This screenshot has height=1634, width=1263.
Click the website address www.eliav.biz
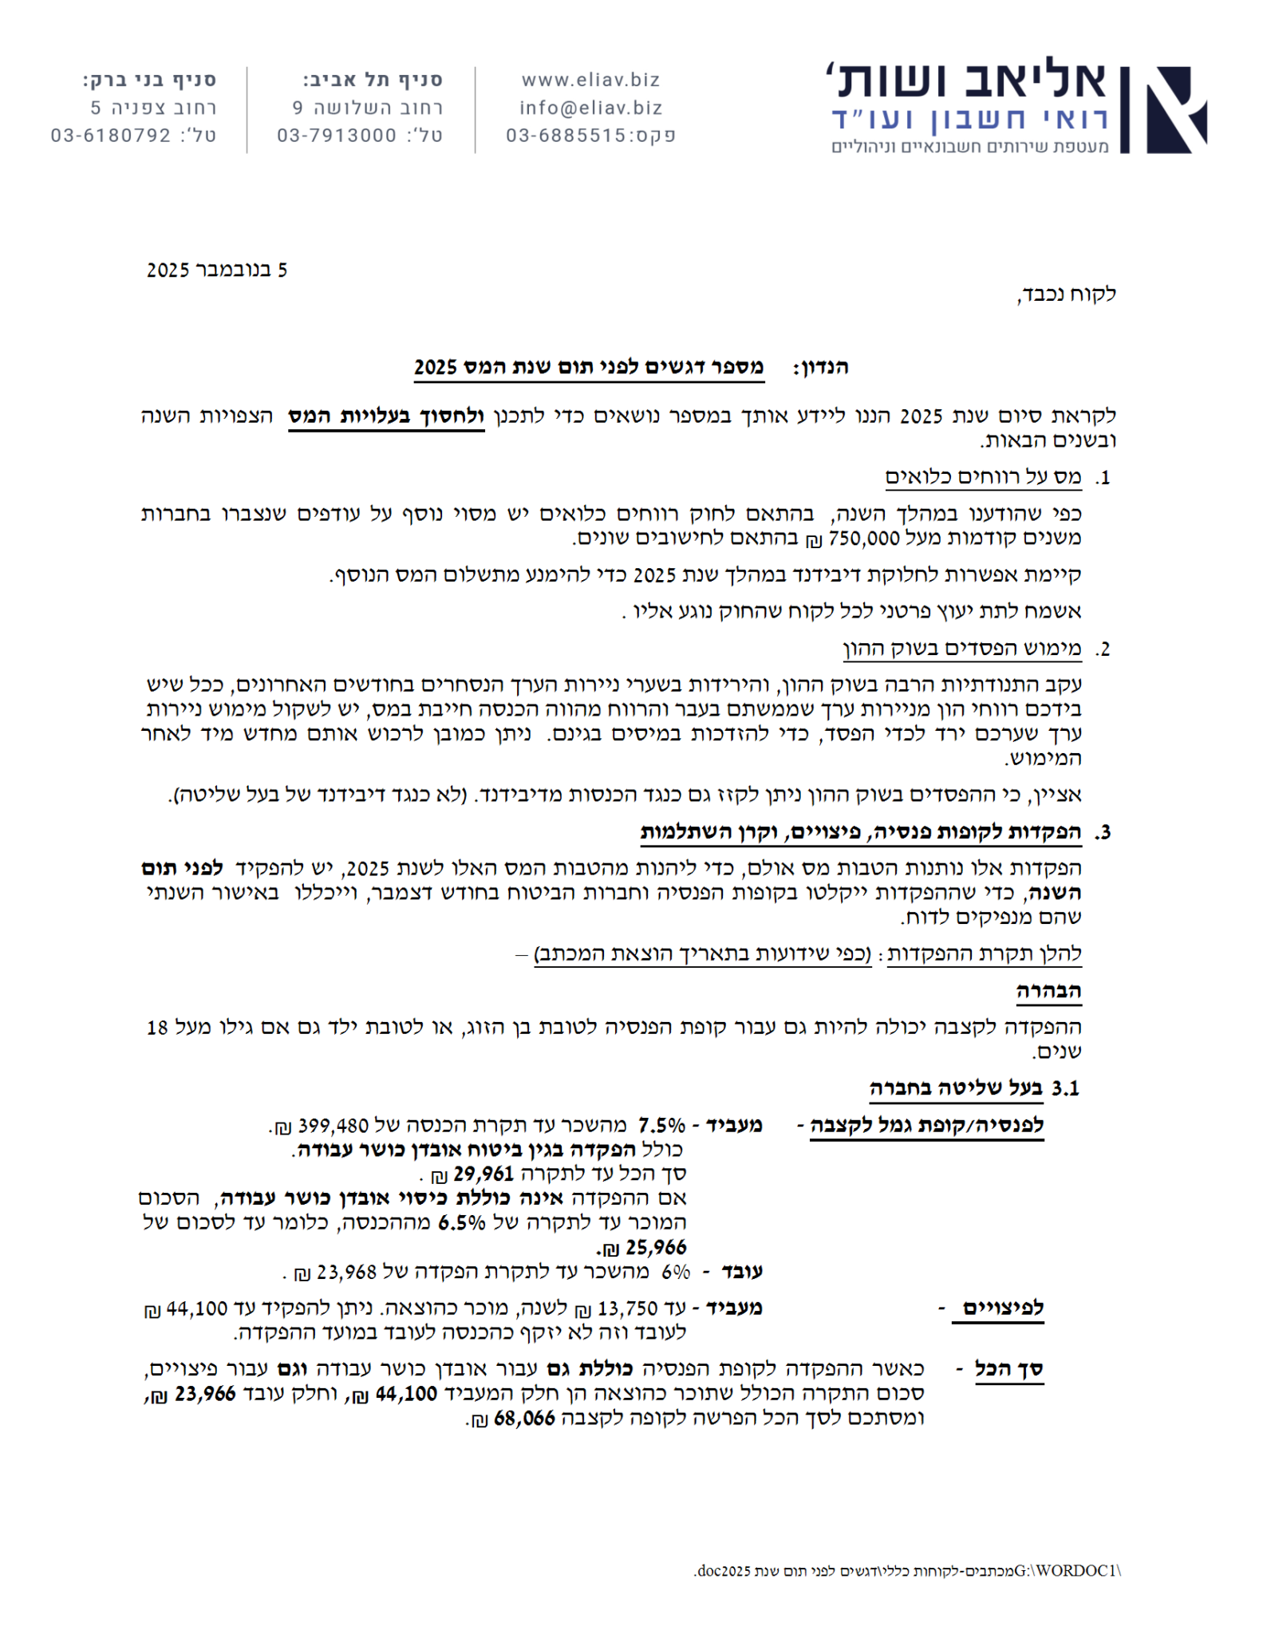tap(590, 80)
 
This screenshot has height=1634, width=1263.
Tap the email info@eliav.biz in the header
tap(590, 108)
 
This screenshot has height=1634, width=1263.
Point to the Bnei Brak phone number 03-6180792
tap(111, 136)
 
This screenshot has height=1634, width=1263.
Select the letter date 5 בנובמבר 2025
tap(217, 270)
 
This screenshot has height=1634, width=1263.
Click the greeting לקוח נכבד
tap(1067, 294)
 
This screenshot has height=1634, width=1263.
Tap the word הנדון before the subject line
tap(820, 368)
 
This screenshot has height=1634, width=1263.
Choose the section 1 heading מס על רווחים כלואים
tap(983, 478)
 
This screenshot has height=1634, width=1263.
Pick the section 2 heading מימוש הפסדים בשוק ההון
tap(962, 649)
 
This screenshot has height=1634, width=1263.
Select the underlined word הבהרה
tap(1048, 992)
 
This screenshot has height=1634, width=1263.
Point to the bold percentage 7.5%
tap(661, 1126)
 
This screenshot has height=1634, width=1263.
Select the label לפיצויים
tap(1003, 1309)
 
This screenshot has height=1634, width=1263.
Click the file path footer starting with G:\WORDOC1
tap(907, 1571)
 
